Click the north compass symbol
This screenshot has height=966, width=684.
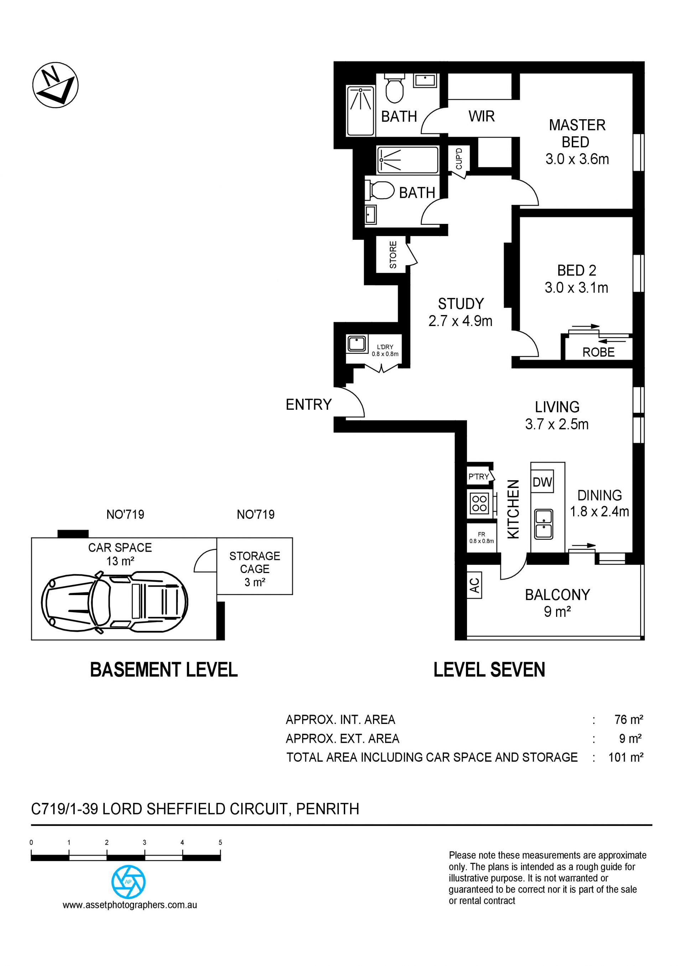pos(56,86)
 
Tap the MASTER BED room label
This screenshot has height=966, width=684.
pos(577,133)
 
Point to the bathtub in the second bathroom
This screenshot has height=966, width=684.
pos(408,160)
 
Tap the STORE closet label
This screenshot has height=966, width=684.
pos(393,254)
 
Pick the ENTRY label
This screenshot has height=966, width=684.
pos(309,404)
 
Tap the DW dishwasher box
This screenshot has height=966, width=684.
pos(543,482)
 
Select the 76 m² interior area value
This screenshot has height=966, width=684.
pos(629,719)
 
